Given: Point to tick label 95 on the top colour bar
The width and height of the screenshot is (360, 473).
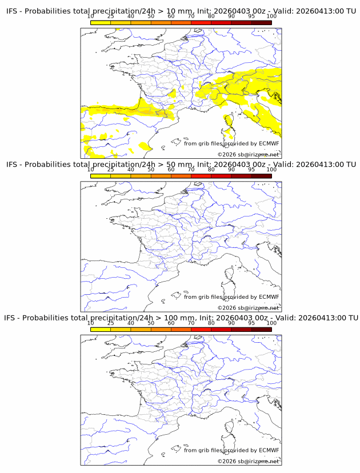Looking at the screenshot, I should coord(251,16).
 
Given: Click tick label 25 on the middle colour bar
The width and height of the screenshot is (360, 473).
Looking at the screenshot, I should coord(111,170).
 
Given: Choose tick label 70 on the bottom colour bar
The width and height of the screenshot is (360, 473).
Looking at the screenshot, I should coord(191,323).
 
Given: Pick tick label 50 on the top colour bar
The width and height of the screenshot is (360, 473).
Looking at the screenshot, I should coord(151,16).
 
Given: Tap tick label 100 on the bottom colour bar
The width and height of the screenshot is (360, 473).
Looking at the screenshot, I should coord(271,323).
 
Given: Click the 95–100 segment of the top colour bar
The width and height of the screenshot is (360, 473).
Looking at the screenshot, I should coord(261,23).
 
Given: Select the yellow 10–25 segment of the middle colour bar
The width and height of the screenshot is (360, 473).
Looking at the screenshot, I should coord(101,176).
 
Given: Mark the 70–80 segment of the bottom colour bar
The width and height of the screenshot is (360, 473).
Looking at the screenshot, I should coord(201,329).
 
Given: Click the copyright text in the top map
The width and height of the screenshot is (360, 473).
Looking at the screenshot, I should coord(248,155).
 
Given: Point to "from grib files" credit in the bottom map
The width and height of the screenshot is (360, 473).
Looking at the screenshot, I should coord(203,450).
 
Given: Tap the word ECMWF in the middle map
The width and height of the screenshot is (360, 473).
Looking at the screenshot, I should coord(269,297).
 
